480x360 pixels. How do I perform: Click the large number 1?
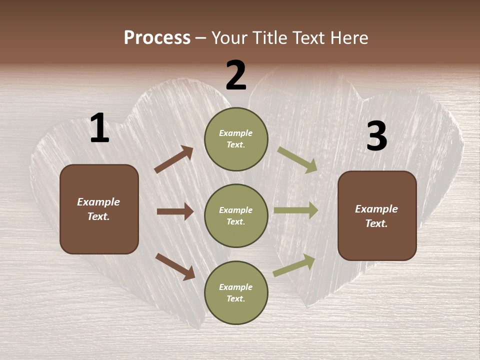99,128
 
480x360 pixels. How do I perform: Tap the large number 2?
236,76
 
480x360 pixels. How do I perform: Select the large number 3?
376,136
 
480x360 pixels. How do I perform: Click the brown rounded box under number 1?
99,209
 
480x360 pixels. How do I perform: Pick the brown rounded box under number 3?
377,215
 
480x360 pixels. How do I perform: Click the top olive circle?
236,139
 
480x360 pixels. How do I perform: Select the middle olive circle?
236,215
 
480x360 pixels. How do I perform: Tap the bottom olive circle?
236,292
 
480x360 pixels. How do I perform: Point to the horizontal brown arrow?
175,211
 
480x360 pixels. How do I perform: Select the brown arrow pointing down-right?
175,266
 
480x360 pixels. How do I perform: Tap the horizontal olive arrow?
296,210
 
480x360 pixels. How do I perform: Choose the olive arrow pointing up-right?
294,265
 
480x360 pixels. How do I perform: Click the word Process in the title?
157,37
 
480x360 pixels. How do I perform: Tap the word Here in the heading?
348,37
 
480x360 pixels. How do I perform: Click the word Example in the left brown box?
98,202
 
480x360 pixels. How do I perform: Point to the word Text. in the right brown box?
376,223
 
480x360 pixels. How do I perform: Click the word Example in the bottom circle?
236,287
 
